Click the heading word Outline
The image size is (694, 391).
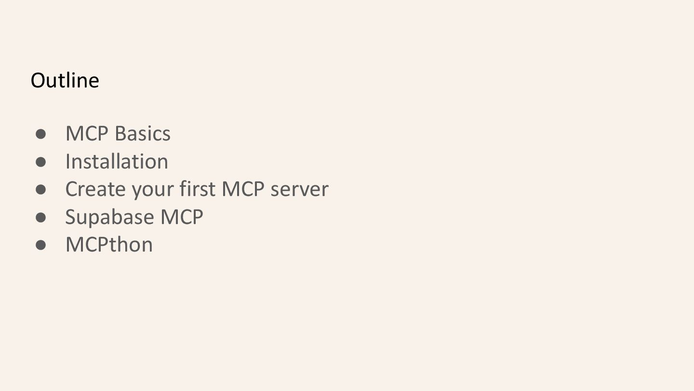(65, 80)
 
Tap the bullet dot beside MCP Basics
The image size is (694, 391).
(40, 134)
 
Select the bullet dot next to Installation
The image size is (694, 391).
(40, 162)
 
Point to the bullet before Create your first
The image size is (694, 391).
(40, 189)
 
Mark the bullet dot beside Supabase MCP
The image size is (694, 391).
(40, 217)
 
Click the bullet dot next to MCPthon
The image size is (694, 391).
(40, 245)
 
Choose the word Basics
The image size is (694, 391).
(143, 134)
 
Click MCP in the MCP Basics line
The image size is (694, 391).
(87, 134)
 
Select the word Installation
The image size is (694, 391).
(117, 162)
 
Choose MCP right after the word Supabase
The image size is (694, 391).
(182, 217)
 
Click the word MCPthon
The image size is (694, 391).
(109, 245)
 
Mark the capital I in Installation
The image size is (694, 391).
(67, 162)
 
